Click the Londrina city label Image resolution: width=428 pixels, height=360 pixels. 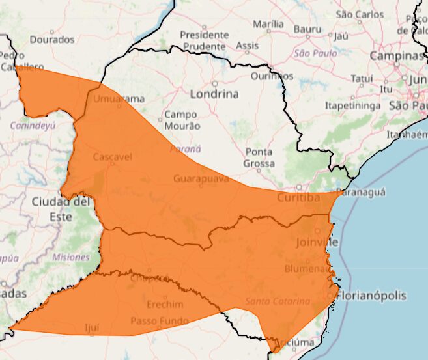pyautogui.click(x=214, y=94)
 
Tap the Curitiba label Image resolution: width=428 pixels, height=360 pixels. pyautogui.click(x=298, y=197)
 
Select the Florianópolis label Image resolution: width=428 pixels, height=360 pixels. pyautogui.click(x=371, y=296)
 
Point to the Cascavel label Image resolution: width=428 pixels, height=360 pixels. pyautogui.click(x=113, y=158)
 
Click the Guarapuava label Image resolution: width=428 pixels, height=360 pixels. pyautogui.click(x=201, y=177)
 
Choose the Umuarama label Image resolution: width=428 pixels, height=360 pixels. pyautogui.click(x=119, y=99)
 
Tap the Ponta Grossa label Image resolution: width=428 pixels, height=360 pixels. pyautogui.click(x=259, y=158)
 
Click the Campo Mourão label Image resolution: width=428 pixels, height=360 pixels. pyautogui.click(x=182, y=120)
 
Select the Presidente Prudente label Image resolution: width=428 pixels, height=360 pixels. pyautogui.click(x=205, y=40)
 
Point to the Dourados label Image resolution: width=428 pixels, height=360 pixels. pyautogui.click(x=52, y=39)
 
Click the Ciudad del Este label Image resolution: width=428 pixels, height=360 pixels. pyautogui.click(x=61, y=210)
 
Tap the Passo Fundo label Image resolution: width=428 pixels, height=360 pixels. pyautogui.click(x=160, y=321)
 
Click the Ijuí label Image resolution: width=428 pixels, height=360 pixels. pyautogui.click(x=92, y=327)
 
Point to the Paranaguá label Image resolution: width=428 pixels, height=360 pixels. pyautogui.click(x=363, y=192)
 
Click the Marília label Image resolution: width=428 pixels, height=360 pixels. pyautogui.click(x=268, y=24)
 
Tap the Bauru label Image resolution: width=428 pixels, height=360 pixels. pyautogui.click(x=307, y=29)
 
